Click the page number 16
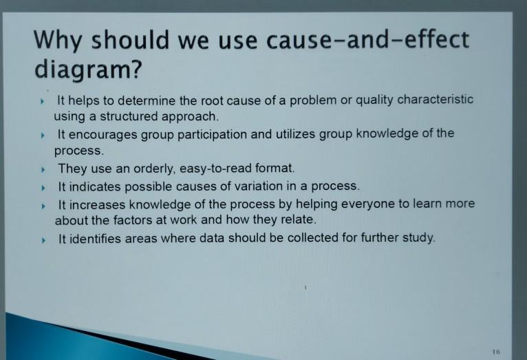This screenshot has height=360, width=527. click(496, 351)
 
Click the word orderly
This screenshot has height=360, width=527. click(149, 168)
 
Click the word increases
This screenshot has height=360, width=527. click(99, 204)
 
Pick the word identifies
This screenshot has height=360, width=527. click(96, 239)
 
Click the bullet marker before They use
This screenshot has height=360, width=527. click(43, 169)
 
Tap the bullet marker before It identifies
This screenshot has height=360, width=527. click(43, 240)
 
